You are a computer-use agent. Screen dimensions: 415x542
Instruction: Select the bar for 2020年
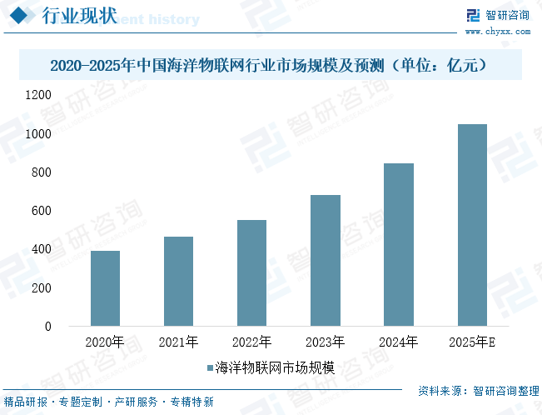(x=105, y=288)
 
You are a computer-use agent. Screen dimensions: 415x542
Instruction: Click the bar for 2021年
(x=178, y=281)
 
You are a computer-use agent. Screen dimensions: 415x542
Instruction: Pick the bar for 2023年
(x=326, y=260)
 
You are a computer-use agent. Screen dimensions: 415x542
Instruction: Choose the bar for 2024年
(x=399, y=244)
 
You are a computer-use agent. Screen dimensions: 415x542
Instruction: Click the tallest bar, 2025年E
(x=472, y=225)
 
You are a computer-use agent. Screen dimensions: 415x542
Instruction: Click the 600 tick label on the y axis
(x=65, y=212)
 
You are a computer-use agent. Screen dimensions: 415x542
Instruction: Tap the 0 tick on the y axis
(x=71, y=327)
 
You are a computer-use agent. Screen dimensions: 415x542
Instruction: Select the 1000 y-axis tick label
(x=62, y=134)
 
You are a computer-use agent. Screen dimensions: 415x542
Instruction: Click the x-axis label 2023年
(x=326, y=342)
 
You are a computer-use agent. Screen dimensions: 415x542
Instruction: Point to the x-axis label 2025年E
(x=472, y=342)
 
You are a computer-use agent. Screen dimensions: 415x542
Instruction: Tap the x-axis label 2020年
(x=105, y=342)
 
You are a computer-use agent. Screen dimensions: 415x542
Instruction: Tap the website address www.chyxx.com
(x=497, y=32)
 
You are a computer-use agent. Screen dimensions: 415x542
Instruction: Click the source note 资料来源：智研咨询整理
(x=478, y=390)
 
